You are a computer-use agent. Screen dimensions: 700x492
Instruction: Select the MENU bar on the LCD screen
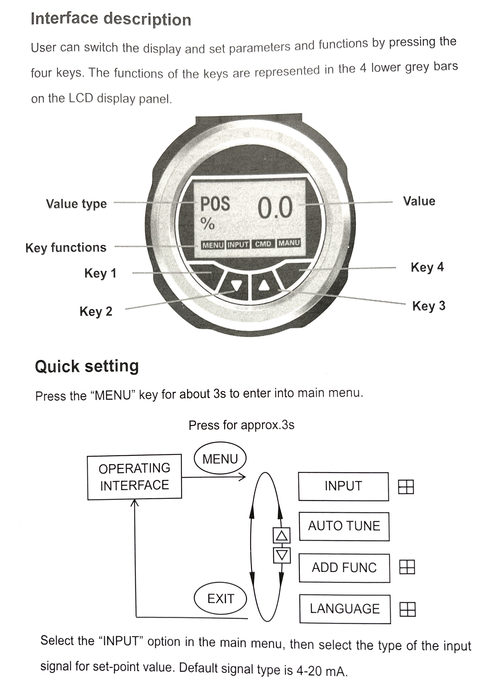[213, 245]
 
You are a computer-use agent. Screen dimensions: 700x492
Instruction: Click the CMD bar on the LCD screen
[263, 244]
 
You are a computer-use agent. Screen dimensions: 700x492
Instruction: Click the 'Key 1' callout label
[100, 273]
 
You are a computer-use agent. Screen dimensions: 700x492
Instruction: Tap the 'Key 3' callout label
[429, 306]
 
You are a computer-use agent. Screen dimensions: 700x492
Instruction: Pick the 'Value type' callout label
[76, 204]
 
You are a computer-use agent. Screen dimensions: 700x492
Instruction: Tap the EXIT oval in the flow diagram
[220, 598]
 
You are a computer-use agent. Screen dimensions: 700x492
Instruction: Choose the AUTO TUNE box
[344, 526]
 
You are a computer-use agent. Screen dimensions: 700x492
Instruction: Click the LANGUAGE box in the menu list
[345, 609]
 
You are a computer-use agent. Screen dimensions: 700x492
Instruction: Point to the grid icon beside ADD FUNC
[407, 567]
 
